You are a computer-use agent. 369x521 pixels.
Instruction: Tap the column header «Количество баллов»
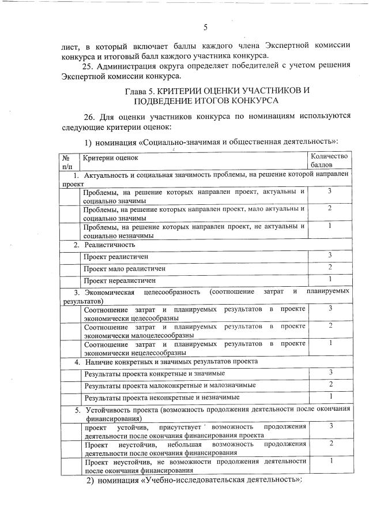(x=329, y=161)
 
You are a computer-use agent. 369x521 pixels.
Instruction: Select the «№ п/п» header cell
(x=66, y=162)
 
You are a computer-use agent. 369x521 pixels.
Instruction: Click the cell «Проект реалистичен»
(x=116, y=256)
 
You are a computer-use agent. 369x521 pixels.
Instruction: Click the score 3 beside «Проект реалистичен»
(x=330, y=255)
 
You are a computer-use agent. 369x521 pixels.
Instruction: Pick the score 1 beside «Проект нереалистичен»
(x=330, y=279)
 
